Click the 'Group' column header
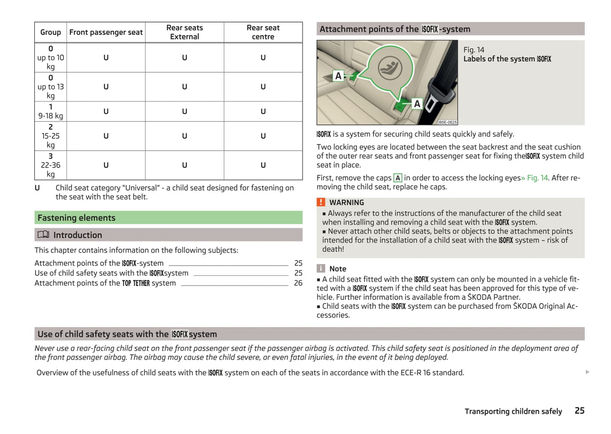pos(50,32)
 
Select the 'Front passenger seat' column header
pos(106,32)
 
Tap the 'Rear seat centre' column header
pos(263,32)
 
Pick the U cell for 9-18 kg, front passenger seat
pos(106,111)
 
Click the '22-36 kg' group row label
pos(50,165)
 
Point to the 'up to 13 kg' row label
pos(50,87)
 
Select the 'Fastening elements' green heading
pos(77,217)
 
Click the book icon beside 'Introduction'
pos(43,234)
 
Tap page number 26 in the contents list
pos(298,283)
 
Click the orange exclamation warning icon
pos(321,202)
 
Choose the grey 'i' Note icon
pos(321,268)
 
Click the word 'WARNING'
pos(346,203)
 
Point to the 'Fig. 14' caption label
pos(474,49)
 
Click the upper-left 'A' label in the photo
pos(338,76)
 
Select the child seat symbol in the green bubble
pos(389,66)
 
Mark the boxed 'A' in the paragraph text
pos(397,178)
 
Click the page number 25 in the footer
pos(579,410)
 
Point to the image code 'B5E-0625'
pos(447,122)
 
